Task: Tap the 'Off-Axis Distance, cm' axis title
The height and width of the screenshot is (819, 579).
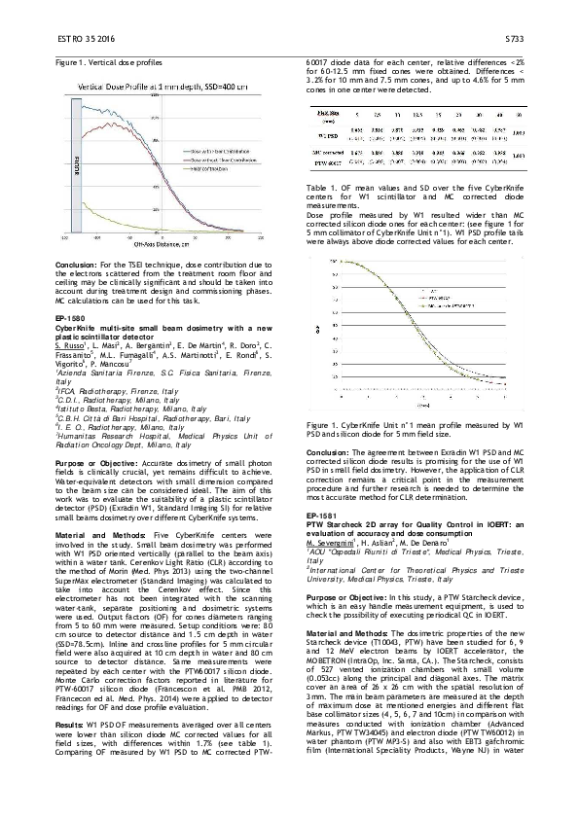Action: pyautogui.click(x=177, y=243)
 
